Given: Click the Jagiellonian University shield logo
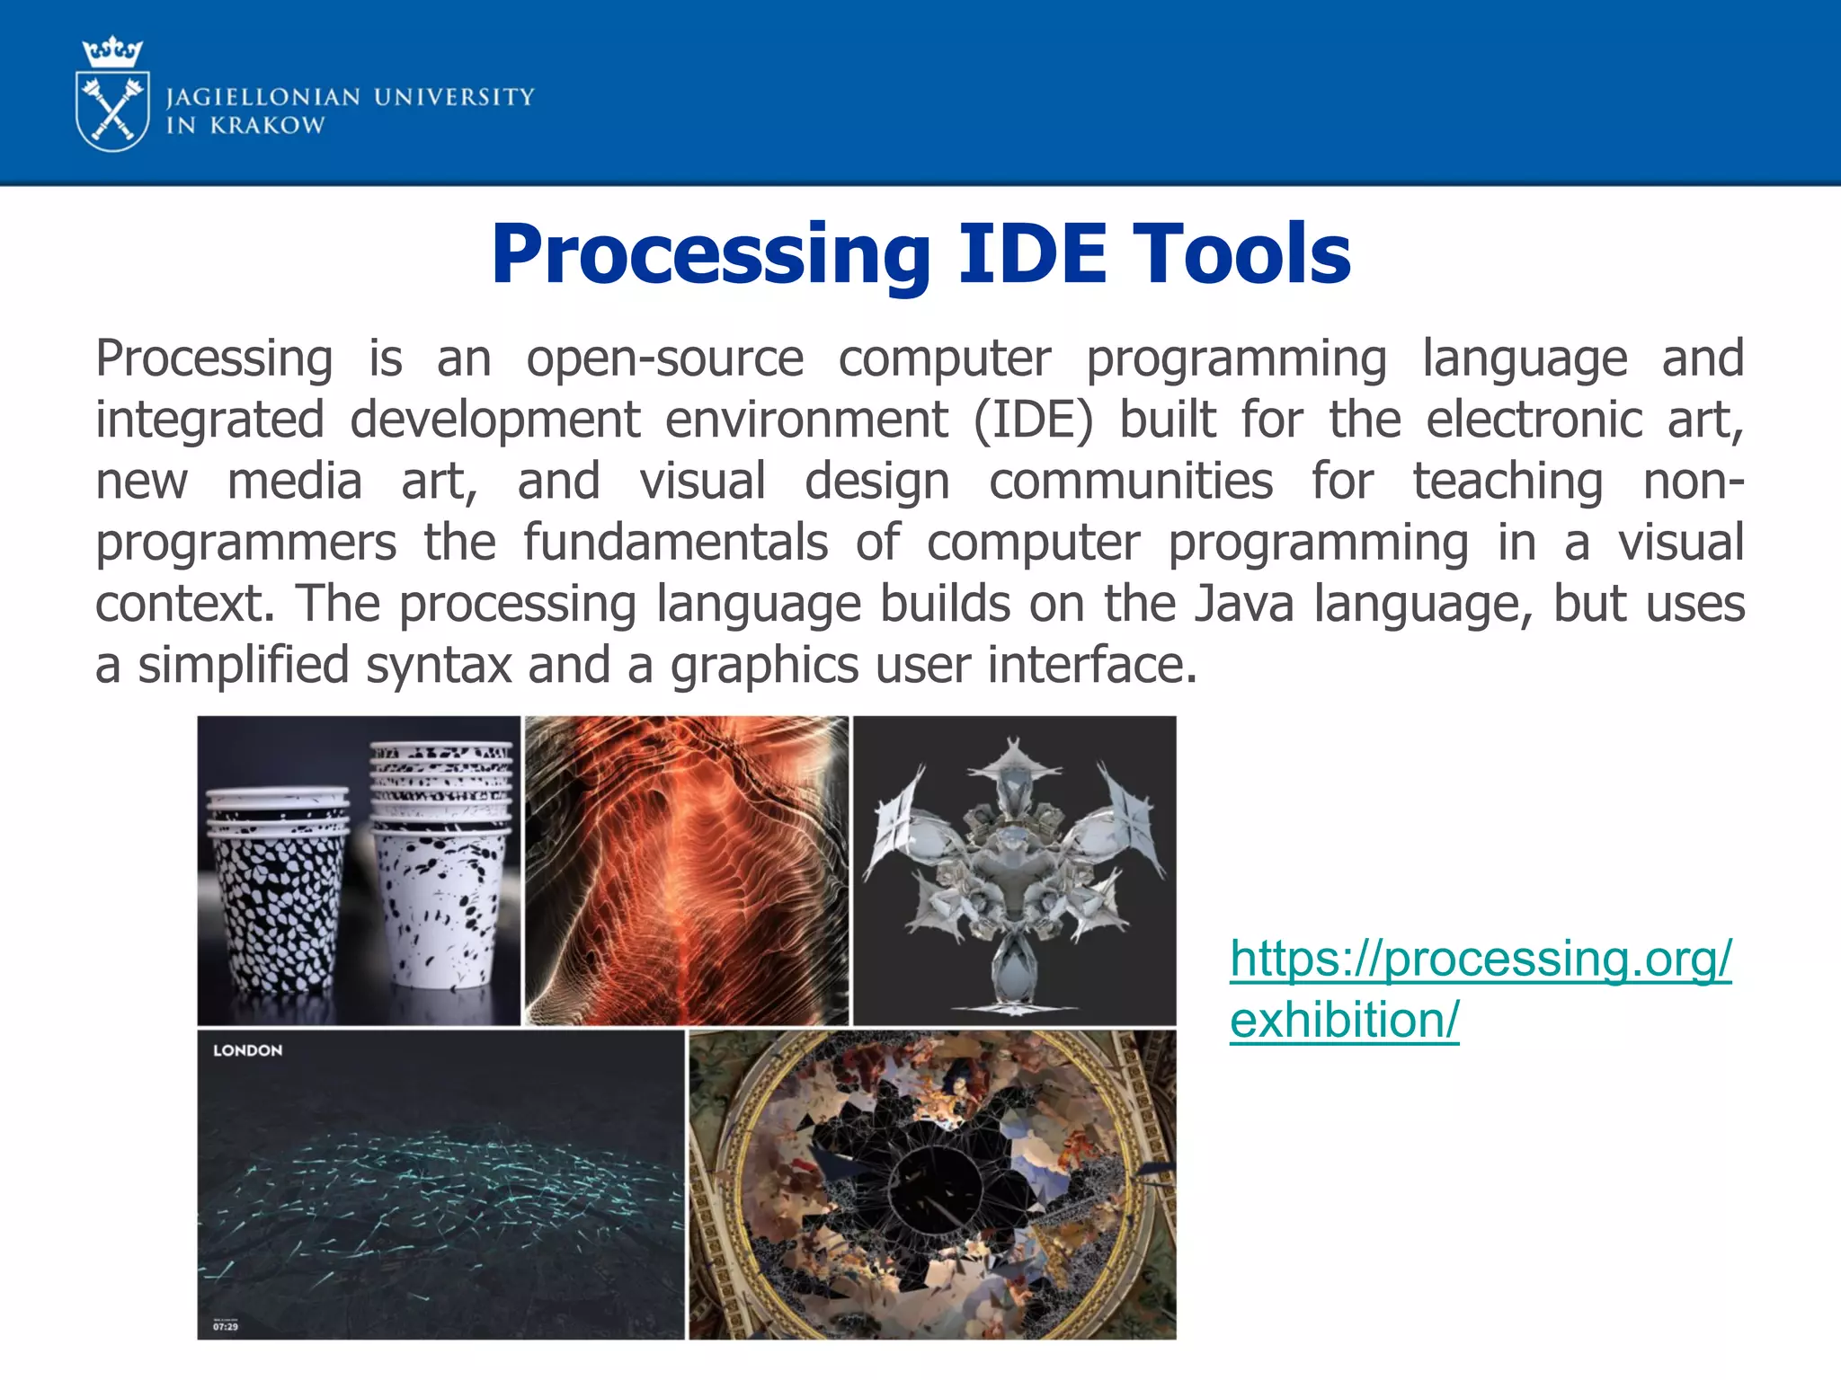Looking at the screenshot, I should coord(112,112).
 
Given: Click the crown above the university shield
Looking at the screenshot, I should coord(112,52).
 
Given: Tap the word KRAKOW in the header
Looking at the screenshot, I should coord(267,126).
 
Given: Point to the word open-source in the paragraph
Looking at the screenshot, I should coord(664,358).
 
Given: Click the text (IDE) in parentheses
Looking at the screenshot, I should coord(1033,420).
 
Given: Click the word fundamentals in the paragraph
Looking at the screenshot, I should coord(675,542).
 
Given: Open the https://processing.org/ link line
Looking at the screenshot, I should coord(1480,959).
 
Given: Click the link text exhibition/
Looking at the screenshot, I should coord(1344,1020).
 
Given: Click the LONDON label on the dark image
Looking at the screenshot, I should coord(247,1050).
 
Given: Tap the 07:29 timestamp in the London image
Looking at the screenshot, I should coord(226,1326).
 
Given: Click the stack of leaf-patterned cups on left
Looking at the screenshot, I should coord(276,889).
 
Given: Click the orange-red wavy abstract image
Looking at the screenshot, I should coord(686,870).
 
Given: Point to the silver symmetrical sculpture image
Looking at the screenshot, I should coord(1013,870).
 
